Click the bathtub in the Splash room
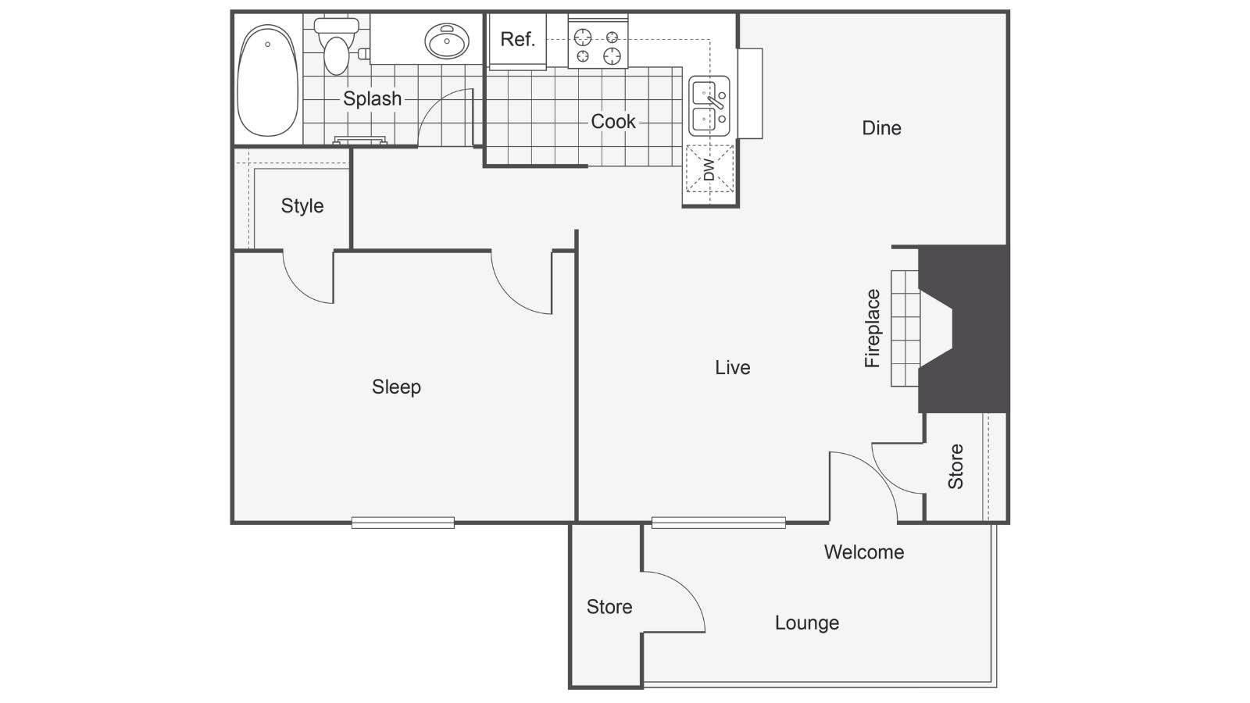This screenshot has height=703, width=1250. [268, 80]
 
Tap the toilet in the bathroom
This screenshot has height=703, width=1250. [336, 46]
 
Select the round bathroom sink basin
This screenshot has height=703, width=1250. [446, 40]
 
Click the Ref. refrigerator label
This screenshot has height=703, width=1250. [517, 39]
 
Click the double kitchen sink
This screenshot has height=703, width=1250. [709, 106]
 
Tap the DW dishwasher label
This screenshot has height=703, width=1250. [709, 170]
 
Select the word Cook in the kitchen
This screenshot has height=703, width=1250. [612, 121]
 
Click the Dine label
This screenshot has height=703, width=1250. [881, 128]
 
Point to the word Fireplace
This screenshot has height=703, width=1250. [872, 328]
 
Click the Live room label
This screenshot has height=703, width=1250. [732, 367]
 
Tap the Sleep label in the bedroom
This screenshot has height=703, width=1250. [396, 387]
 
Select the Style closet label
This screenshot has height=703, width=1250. [302, 205]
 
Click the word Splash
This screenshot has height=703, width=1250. [372, 98]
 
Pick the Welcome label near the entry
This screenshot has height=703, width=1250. [864, 551]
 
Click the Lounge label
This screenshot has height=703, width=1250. [807, 623]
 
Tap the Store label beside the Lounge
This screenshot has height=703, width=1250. [609, 606]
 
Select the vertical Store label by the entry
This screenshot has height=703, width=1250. [955, 466]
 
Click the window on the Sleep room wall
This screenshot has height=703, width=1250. [403, 523]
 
